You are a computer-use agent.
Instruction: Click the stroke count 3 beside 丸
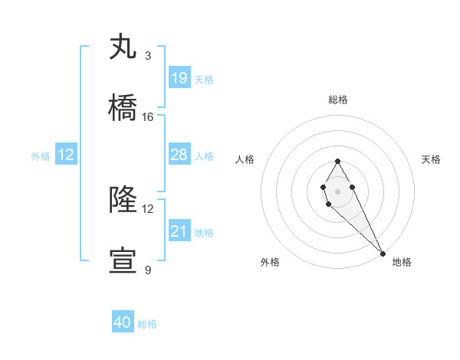pyautogui.click(x=147, y=55)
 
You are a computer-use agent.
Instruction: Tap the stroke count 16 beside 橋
pyautogui.click(x=148, y=117)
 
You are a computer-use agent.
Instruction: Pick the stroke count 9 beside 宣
pyautogui.click(x=147, y=270)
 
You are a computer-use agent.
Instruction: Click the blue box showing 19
pyautogui.click(x=179, y=78)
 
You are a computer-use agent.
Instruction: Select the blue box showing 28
pyautogui.click(x=179, y=155)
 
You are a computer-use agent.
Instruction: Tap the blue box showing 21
pyautogui.click(x=179, y=231)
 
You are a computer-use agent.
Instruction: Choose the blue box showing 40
pyautogui.click(x=123, y=322)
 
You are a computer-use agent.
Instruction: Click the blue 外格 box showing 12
pyautogui.click(x=66, y=155)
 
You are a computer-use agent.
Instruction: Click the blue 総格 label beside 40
pyautogui.click(x=147, y=324)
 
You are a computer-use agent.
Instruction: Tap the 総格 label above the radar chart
pyautogui.click(x=338, y=100)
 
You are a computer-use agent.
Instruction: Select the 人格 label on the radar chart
pyautogui.click(x=245, y=159)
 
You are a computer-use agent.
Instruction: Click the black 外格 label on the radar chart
pyautogui.click(x=270, y=262)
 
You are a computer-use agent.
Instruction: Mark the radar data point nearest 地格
pyautogui.click(x=383, y=254)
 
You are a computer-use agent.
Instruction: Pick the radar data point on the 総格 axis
pyautogui.click(x=337, y=161)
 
